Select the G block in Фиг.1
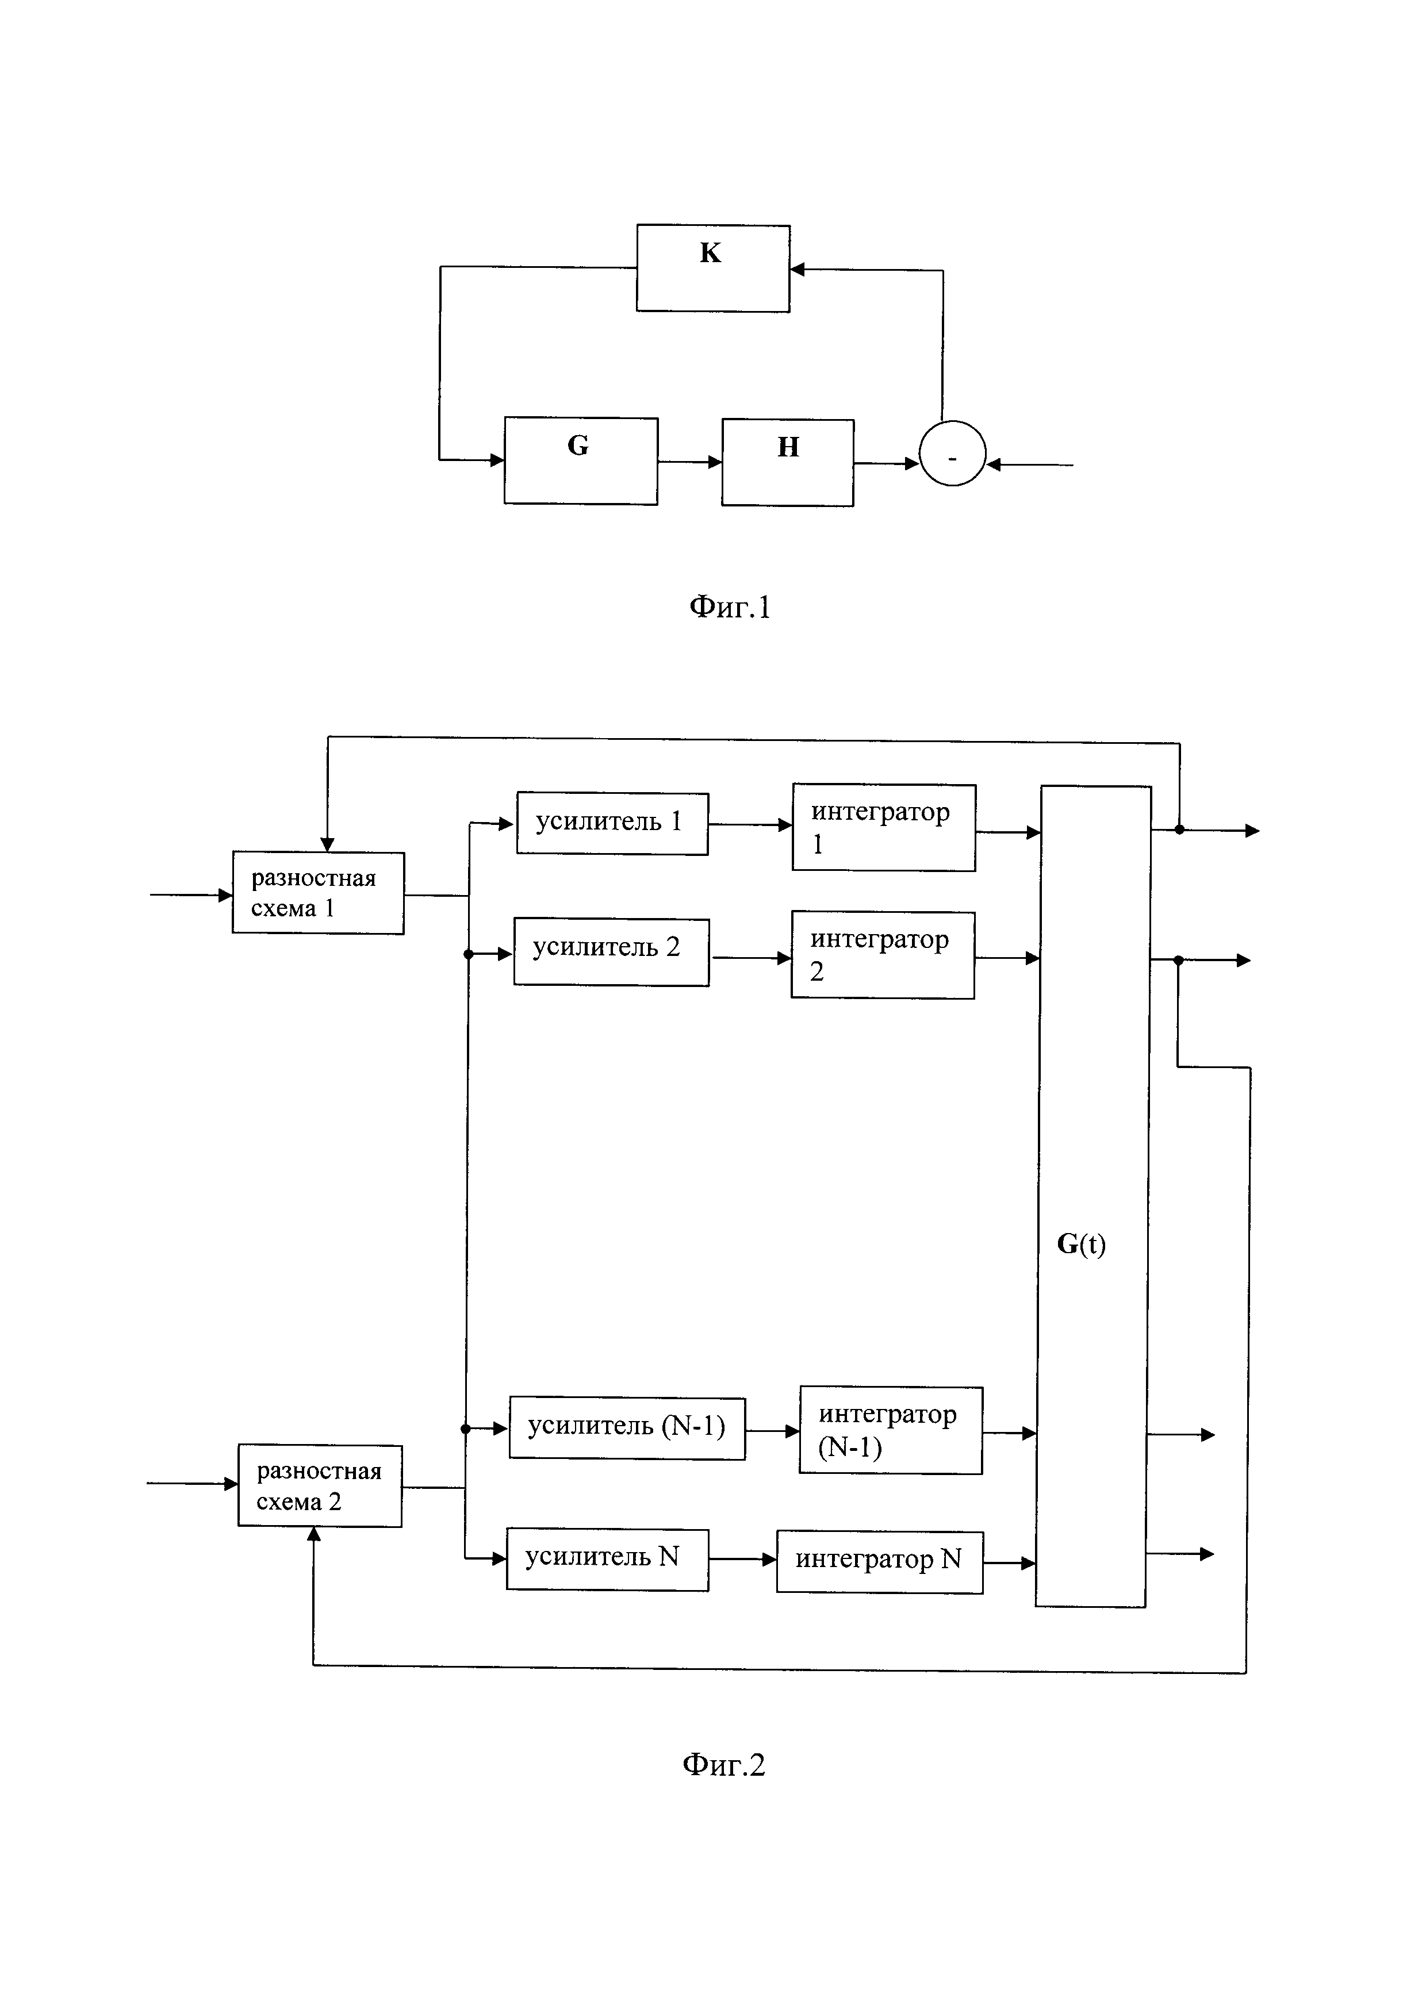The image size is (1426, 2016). point(580,460)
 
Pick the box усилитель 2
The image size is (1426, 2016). point(611,952)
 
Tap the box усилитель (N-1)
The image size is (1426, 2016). point(627,1428)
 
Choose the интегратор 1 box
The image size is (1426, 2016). point(883,827)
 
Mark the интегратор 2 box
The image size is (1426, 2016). point(883,954)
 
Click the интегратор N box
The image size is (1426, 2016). point(879,1561)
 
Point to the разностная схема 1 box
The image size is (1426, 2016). point(318,892)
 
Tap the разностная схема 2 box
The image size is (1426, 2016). point(320,1485)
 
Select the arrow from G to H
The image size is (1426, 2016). point(689,461)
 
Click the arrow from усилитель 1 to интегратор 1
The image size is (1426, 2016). point(750,824)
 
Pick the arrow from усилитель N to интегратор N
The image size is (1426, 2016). point(742,1560)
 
